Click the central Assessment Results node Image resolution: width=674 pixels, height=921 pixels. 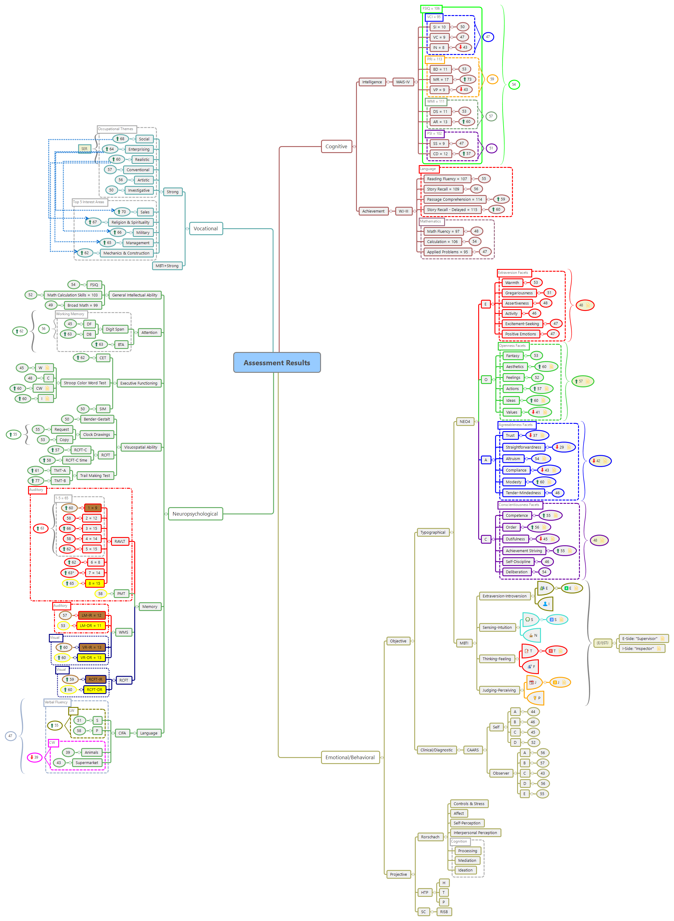click(x=277, y=363)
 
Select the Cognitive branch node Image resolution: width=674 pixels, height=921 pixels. click(x=336, y=147)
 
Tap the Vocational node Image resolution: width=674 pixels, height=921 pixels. click(x=206, y=229)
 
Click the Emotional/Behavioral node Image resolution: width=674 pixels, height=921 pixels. click(x=350, y=757)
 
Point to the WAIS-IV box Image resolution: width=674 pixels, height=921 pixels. click(x=403, y=82)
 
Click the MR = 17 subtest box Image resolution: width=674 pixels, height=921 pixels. click(x=440, y=80)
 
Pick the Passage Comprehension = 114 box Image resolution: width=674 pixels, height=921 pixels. click(x=454, y=200)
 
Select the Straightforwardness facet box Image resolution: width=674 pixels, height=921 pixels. click(x=523, y=447)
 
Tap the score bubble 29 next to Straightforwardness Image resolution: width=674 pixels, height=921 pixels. click(x=563, y=447)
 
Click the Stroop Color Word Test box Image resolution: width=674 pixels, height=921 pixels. click(x=85, y=383)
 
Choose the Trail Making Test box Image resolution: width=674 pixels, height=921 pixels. click(x=95, y=476)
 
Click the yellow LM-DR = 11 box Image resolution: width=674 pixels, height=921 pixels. click(x=91, y=625)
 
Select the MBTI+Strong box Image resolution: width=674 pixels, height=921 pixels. click(x=167, y=266)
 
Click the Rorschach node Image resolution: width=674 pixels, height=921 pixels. click(x=430, y=837)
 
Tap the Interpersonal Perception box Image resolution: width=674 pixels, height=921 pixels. click(x=475, y=833)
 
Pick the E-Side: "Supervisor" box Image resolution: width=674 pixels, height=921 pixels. click(x=639, y=638)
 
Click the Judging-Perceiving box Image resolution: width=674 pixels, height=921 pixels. click(x=499, y=690)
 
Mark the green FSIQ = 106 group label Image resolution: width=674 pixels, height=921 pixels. click(x=431, y=8)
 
